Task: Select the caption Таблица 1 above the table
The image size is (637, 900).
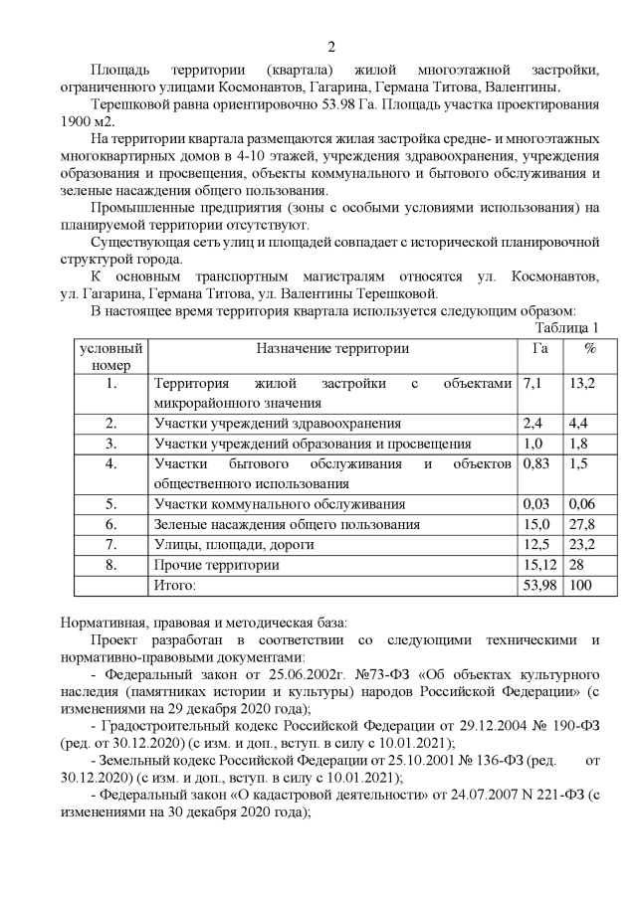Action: (x=566, y=327)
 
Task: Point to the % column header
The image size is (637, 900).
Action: (x=590, y=348)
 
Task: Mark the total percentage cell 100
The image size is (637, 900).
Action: (x=581, y=585)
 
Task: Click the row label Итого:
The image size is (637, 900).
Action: (x=175, y=585)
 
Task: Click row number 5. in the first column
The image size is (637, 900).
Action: (x=111, y=504)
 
